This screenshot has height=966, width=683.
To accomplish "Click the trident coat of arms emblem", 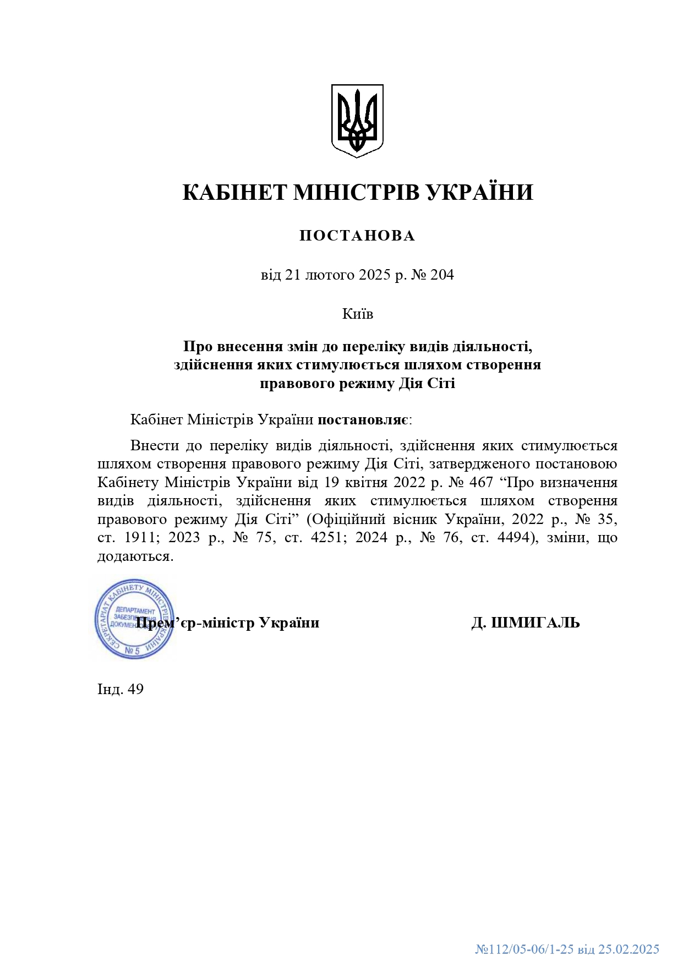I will click(357, 121).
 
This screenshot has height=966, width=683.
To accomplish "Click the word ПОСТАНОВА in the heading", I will click(357, 236).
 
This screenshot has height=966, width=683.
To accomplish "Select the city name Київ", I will click(357, 314).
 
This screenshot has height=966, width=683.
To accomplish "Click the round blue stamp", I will click(134, 619).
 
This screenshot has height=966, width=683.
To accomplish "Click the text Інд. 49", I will click(121, 689).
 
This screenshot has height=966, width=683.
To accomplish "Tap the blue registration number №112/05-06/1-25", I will click(524, 949).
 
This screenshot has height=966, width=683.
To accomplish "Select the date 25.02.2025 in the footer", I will click(629, 949).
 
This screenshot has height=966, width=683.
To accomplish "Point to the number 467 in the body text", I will click(482, 482).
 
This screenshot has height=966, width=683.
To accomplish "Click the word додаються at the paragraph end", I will click(135, 556).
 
